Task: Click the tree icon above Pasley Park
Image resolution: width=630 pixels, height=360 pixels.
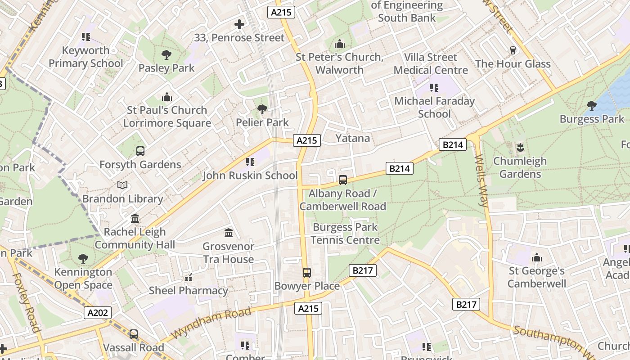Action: tap(166, 55)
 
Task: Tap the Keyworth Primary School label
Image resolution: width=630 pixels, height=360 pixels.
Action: tap(85, 57)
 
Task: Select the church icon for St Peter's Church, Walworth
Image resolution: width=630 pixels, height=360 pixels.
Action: tap(340, 44)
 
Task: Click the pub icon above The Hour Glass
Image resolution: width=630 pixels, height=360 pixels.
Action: tap(513, 50)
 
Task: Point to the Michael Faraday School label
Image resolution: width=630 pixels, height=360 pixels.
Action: tap(434, 107)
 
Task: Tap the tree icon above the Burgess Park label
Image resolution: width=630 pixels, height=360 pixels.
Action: tap(591, 106)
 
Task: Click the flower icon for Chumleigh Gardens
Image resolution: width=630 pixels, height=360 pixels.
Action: tap(520, 147)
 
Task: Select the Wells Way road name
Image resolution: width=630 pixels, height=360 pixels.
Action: tap(481, 180)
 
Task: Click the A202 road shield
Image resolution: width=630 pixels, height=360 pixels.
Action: tap(97, 313)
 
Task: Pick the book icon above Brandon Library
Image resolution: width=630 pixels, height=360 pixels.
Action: tap(122, 185)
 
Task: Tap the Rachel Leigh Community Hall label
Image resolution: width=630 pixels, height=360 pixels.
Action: tap(135, 238)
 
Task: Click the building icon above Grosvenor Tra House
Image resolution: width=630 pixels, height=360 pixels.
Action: tap(229, 233)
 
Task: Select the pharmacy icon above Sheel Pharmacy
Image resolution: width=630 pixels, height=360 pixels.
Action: tap(189, 277)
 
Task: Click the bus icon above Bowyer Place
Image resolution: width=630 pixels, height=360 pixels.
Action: tap(307, 272)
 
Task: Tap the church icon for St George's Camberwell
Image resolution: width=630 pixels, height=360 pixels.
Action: tap(536, 258)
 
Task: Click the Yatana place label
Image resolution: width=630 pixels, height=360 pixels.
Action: tap(353, 138)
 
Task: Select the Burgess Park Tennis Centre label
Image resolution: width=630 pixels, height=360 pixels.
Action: tap(345, 234)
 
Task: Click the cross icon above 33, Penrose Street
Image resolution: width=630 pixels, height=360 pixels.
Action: tap(239, 24)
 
